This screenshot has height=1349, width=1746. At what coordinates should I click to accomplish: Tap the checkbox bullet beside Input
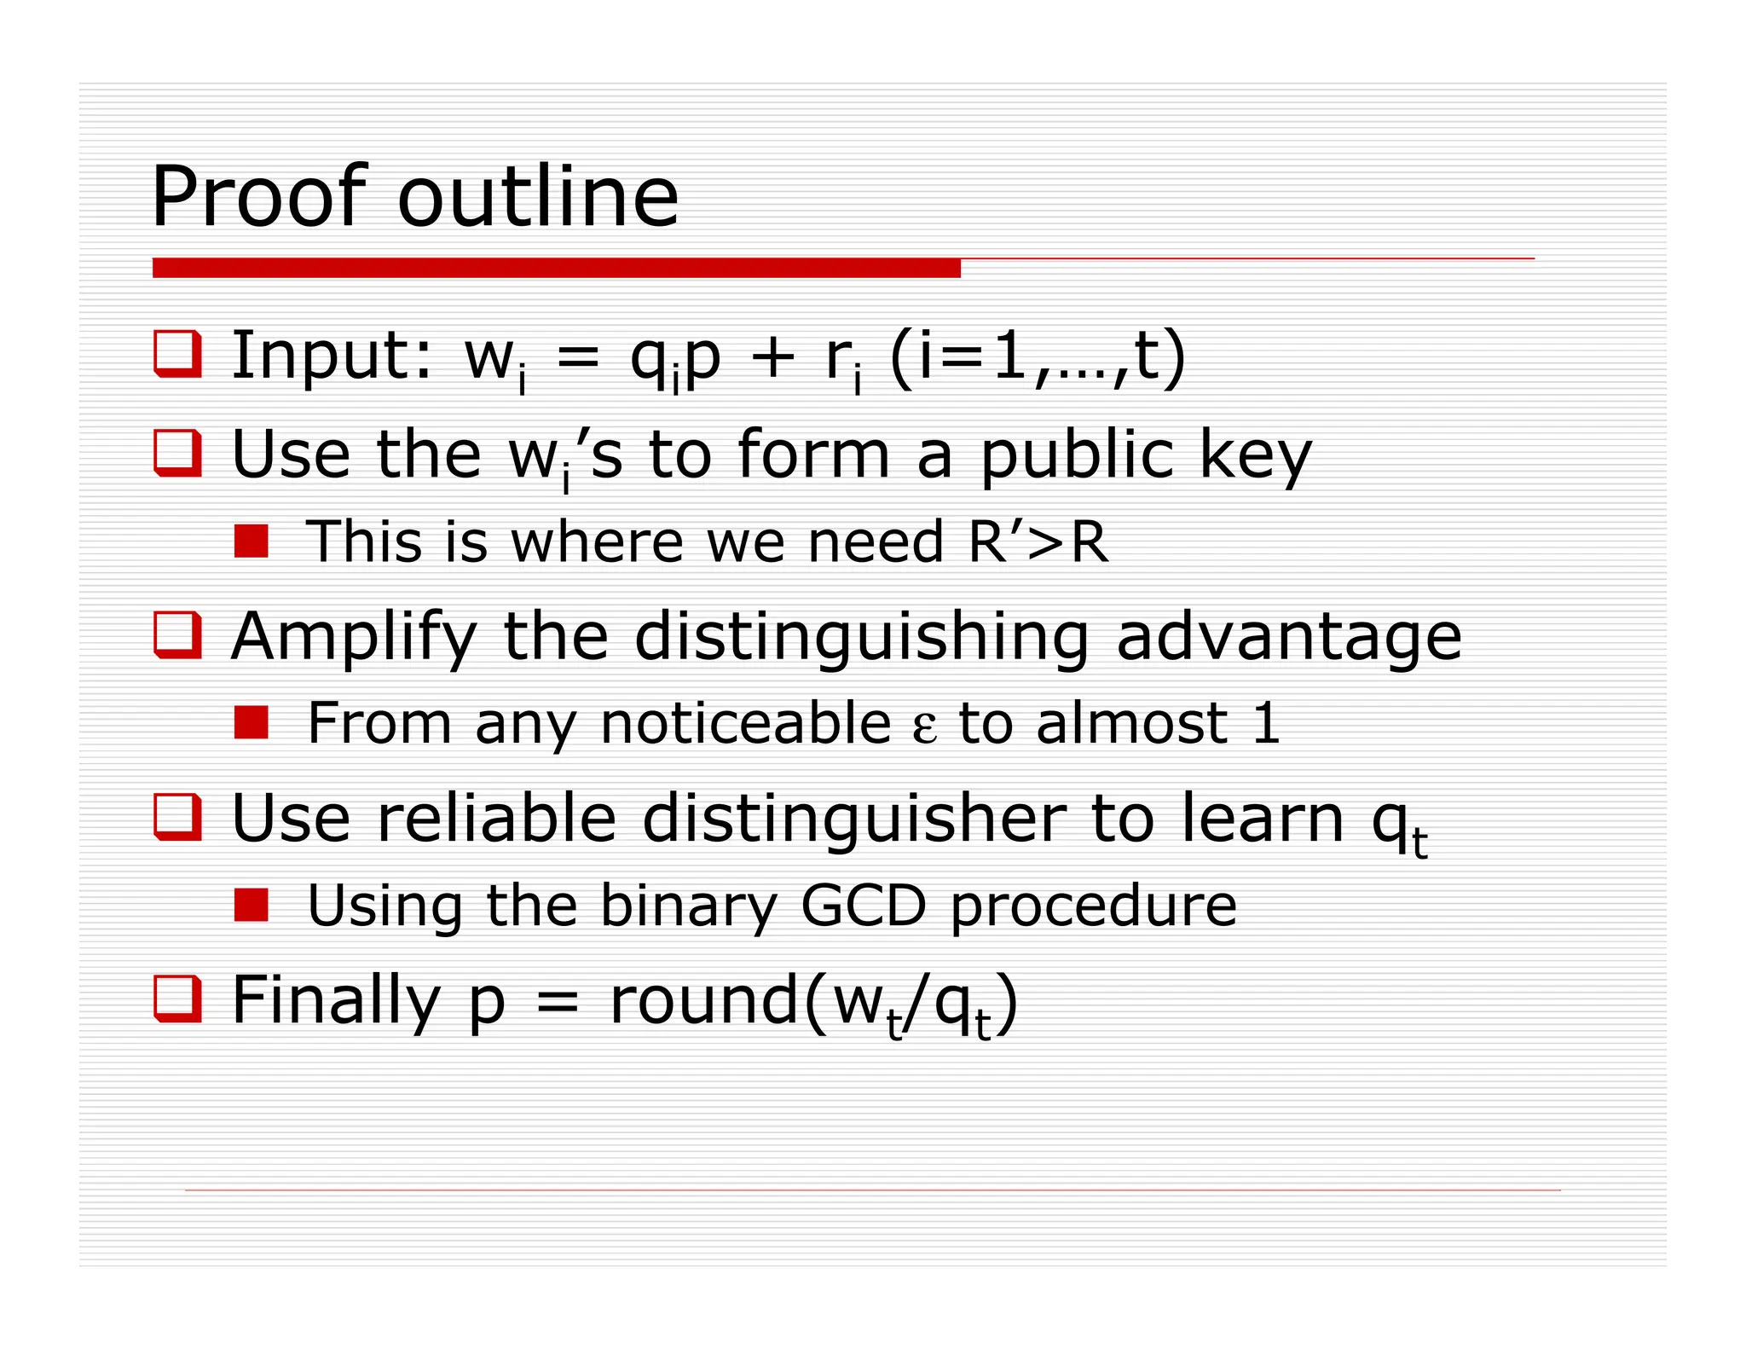pyautogui.click(x=177, y=353)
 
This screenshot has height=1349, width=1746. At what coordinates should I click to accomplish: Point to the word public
pyautogui.click(x=1077, y=455)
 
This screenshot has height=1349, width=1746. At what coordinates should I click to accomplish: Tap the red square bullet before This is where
pyautogui.click(x=251, y=541)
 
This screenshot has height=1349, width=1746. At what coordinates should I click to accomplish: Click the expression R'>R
pyautogui.click(x=1038, y=541)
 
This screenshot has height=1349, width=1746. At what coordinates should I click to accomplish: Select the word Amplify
pyautogui.click(x=353, y=638)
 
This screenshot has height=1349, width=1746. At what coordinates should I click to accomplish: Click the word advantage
pyautogui.click(x=1288, y=638)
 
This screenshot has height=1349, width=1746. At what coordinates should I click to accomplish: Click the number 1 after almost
pyautogui.click(x=1266, y=723)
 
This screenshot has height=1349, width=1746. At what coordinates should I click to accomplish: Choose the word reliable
pyautogui.click(x=496, y=819)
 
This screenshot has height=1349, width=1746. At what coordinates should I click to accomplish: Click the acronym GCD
pyautogui.click(x=863, y=906)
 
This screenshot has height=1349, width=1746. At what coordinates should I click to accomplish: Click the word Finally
pyautogui.click(x=336, y=1001)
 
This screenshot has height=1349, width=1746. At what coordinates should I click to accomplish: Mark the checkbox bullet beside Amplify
pyautogui.click(x=177, y=634)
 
